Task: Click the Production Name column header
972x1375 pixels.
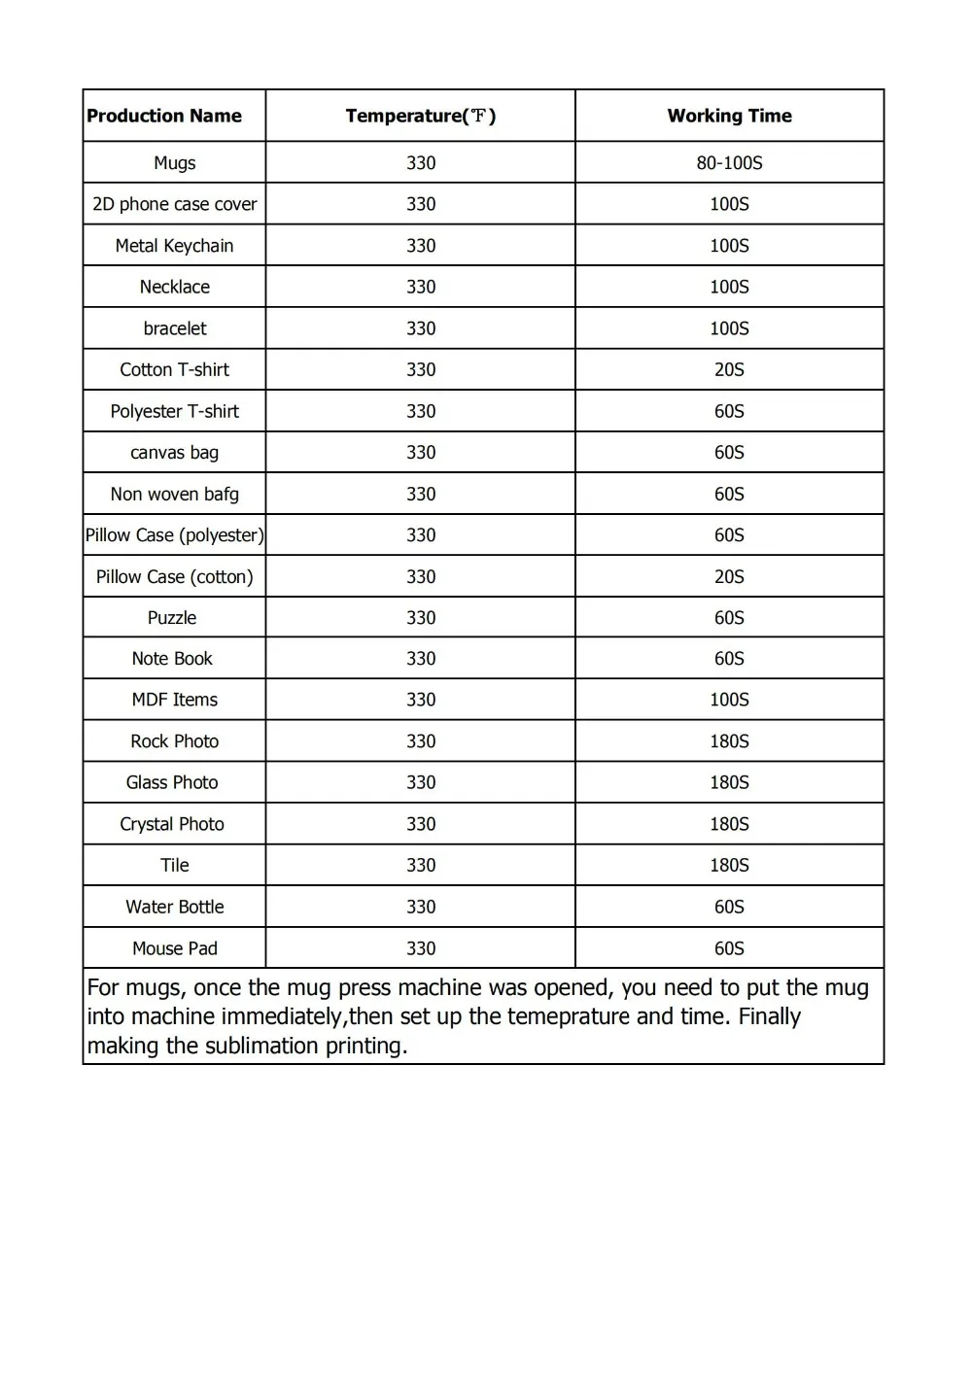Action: click(x=164, y=116)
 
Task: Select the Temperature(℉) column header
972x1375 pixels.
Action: click(x=420, y=116)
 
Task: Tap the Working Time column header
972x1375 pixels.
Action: click(x=729, y=116)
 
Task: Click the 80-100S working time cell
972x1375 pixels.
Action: click(x=729, y=163)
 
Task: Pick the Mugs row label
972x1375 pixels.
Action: click(x=175, y=163)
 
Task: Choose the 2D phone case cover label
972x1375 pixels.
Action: click(x=175, y=204)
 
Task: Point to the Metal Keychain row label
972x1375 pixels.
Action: click(x=175, y=246)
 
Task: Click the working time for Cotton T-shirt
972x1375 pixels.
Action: click(x=729, y=369)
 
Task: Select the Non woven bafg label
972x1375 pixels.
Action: click(x=175, y=494)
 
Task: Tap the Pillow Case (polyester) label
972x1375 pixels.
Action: click(x=175, y=535)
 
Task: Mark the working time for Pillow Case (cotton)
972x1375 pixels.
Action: click(x=729, y=576)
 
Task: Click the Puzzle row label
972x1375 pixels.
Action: click(x=172, y=618)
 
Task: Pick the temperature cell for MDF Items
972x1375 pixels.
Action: click(x=421, y=700)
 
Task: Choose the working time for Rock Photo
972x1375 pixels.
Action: click(x=729, y=741)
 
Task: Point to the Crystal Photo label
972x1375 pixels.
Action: click(x=172, y=824)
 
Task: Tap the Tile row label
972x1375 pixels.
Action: click(x=175, y=865)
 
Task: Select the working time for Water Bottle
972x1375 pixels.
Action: click(x=729, y=907)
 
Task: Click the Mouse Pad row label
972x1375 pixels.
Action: click(x=175, y=948)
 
